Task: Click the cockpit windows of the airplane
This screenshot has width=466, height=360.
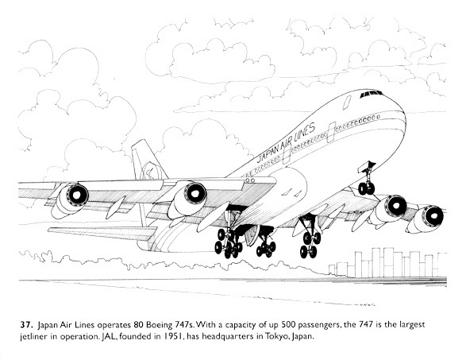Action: [371, 94]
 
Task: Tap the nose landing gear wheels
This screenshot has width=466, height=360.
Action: [366, 188]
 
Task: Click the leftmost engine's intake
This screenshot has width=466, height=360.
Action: [77, 195]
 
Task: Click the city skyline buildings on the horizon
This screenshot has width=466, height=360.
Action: [387, 263]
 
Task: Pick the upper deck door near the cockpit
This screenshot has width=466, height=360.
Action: [347, 102]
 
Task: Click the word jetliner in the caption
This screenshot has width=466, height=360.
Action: [33, 337]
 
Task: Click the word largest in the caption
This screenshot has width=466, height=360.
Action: [412, 325]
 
